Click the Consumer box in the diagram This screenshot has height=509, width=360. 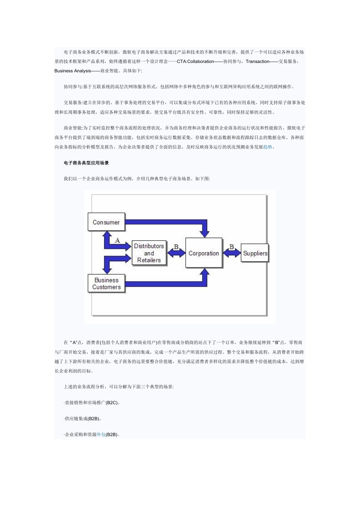[106, 222]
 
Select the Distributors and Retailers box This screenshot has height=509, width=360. [149, 253]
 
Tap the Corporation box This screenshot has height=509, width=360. [204, 253]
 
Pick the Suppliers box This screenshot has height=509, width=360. [255, 253]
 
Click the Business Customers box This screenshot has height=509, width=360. [106, 284]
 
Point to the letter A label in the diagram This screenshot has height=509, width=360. [117, 240]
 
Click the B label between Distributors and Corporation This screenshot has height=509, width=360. [176, 247]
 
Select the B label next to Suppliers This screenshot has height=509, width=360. [232, 247]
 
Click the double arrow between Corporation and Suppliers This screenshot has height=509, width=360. [232, 253]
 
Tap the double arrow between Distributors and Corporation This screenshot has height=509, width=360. [176, 253]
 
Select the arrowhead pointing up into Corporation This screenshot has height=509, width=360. [205, 273]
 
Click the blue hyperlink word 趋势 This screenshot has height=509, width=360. [268, 147]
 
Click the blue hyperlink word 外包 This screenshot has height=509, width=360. [101, 434]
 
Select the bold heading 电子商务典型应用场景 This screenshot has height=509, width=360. [86, 163]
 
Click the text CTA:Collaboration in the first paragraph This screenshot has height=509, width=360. [195, 61]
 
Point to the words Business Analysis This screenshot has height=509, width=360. [73, 71]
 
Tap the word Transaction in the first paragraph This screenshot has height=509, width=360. [257, 61]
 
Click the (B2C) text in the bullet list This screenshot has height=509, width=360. [111, 403]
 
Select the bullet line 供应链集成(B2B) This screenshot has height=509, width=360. [83, 418]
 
